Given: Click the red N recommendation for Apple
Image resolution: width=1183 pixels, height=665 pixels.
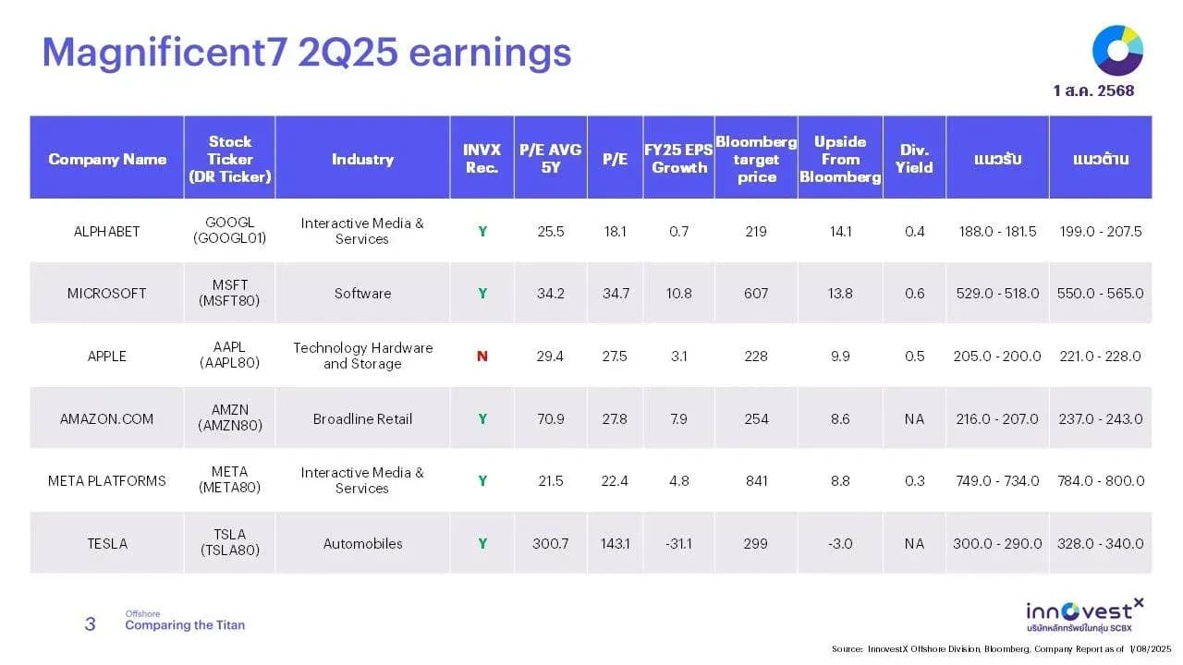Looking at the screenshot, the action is coord(482,357).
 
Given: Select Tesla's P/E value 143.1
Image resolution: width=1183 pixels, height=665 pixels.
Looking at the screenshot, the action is coord(615,544).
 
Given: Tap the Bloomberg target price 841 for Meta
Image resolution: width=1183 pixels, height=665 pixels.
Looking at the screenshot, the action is coord(756,481).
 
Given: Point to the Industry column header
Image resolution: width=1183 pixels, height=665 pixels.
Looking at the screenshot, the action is coord(363,159).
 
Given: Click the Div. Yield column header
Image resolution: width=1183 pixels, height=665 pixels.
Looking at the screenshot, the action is coord(914,158).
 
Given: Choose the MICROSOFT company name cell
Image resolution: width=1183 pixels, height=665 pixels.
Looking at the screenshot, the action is coord(106,294).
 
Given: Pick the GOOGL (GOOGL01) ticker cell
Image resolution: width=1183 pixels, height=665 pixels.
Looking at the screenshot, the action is coord(230,230).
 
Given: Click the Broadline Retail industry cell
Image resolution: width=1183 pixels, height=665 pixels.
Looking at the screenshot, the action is coord(362,419).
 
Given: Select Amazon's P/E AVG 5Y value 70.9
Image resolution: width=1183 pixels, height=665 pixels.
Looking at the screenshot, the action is coord(550,419).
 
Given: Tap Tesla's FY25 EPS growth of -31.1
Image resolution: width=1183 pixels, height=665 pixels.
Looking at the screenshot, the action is coord(678,544).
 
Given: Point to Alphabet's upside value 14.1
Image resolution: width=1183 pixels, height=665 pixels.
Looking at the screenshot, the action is coord(840,232).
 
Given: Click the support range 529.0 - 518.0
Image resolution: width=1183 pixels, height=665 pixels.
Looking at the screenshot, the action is coord(997,294).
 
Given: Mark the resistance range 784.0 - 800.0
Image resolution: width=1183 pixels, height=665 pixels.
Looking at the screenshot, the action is coord(1101,481).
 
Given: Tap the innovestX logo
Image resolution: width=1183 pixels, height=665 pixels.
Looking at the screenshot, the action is coord(1085,615).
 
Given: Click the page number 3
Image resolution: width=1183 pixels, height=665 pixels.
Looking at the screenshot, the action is coord(91,623).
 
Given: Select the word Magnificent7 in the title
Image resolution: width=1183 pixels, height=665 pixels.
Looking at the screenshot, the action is coord(165,54).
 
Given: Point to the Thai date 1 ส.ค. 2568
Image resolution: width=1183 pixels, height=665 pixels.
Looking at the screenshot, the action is coord(1093,91).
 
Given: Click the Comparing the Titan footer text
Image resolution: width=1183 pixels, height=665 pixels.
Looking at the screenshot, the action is coord(185,625).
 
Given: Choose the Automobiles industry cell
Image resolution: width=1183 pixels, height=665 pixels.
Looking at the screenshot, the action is coord(363,544).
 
